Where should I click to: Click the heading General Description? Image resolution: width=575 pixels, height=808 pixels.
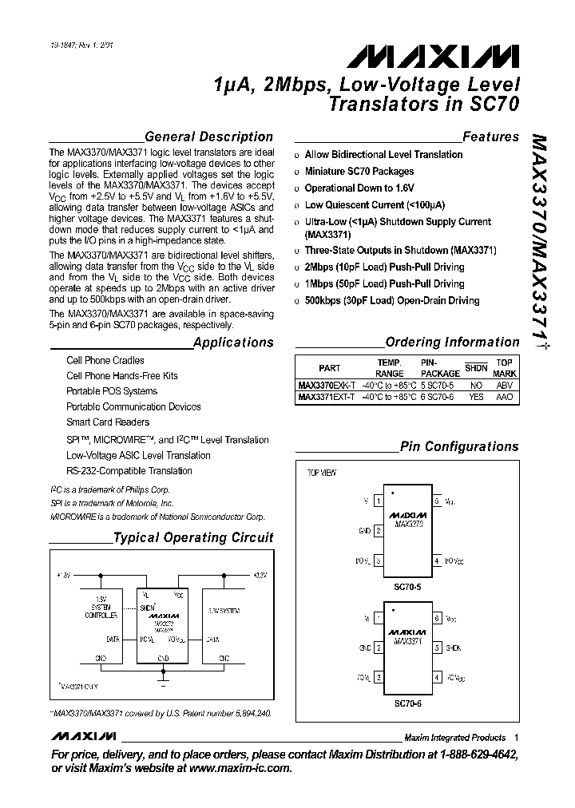coord(208,137)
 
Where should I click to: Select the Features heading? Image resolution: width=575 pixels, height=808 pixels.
coord(490,137)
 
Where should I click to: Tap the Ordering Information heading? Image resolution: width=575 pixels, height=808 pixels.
coord(452,343)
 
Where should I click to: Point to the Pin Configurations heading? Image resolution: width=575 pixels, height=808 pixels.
coord(459,447)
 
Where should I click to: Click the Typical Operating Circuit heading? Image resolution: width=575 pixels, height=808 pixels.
coord(193,538)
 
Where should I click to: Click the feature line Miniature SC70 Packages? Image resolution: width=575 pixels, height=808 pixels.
coord(359,172)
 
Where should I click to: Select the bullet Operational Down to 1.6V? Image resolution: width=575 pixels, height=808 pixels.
coord(359,188)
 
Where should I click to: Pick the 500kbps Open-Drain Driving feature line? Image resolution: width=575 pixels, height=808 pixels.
coord(392,301)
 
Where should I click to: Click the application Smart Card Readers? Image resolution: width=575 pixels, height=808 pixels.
coord(108,422)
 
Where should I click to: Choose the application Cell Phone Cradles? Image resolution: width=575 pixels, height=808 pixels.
coord(105,361)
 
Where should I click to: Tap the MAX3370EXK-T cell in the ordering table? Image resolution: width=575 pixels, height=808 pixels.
coord(327,384)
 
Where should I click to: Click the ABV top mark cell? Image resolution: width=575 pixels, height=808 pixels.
coord(505,384)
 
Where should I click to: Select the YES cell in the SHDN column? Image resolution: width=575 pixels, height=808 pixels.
coord(476,397)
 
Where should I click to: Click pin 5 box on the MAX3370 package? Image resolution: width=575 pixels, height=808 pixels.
coord(437,501)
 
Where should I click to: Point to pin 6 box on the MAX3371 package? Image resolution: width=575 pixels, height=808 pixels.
coord(437,619)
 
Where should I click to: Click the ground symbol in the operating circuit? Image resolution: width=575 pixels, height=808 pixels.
coord(164,686)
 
